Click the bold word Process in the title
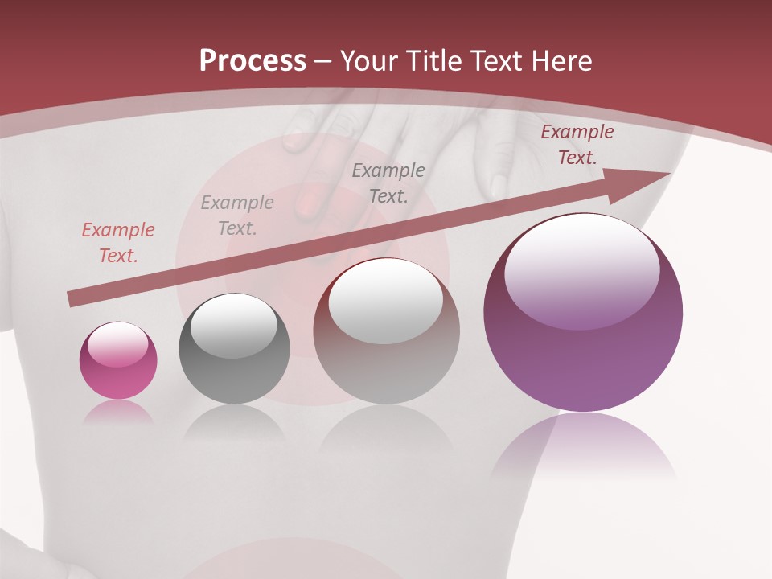point(253,61)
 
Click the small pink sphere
point(118,361)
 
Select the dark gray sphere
point(234,349)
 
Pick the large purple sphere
point(583,313)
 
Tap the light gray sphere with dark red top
point(386,331)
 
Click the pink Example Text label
point(118,243)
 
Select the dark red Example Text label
point(577,145)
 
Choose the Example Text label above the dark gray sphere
point(237,216)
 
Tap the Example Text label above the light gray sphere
point(388,183)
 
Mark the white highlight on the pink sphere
point(117,343)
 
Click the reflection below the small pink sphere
point(118,412)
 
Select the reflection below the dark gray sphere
point(234,421)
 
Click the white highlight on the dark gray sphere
point(233,323)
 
